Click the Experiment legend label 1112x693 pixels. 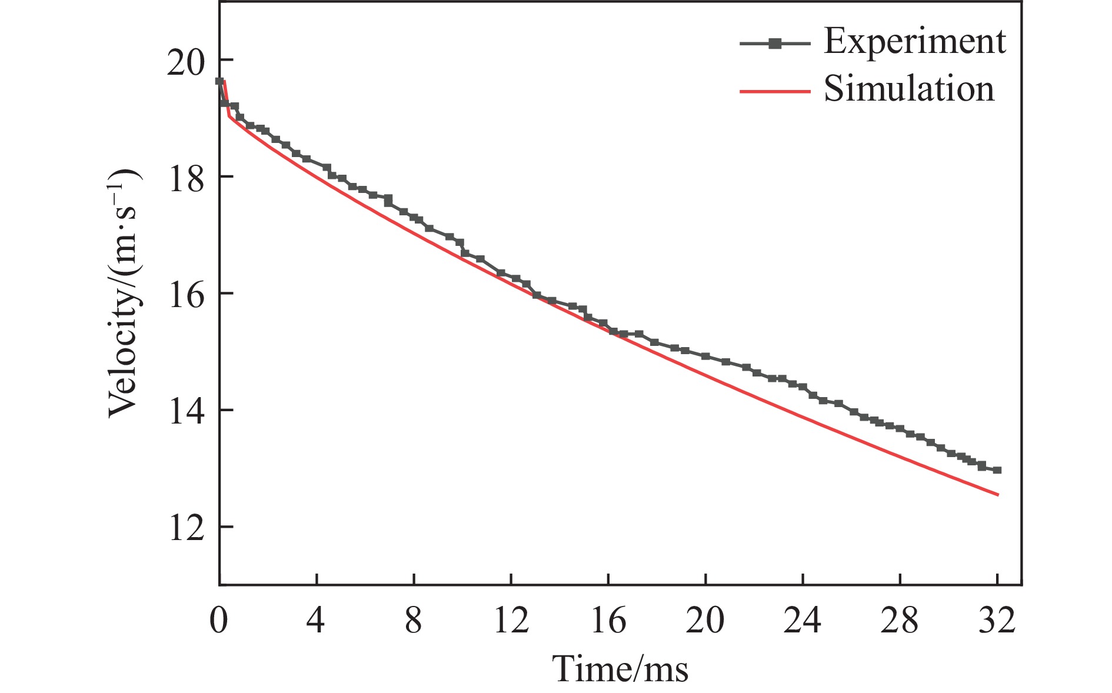point(914,41)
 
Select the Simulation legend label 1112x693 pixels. point(908,89)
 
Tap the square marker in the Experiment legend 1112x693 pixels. point(775,43)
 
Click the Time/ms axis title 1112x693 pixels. point(621,669)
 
